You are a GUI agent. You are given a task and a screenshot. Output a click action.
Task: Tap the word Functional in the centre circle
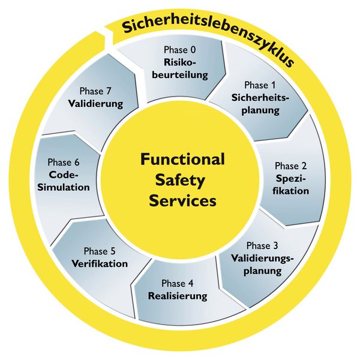coord(182,159)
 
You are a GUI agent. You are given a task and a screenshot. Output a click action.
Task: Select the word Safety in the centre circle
coord(180,181)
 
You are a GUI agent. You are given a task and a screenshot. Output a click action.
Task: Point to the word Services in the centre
coord(183,201)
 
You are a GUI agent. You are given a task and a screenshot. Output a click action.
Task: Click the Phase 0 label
coord(180,50)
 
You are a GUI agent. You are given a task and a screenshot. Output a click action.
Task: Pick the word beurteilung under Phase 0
coord(180,75)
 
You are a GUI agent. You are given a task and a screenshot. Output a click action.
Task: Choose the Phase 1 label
coord(260,85)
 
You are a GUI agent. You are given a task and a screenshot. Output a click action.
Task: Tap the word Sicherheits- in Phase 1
coord(260,98)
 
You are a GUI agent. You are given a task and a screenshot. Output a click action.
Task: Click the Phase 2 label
coord(290,166)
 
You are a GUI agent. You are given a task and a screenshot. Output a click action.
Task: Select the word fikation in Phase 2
coord(290,191)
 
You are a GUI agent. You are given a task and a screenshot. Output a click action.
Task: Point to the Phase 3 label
coord(262,245)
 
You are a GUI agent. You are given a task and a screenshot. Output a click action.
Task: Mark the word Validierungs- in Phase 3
coord(262,258)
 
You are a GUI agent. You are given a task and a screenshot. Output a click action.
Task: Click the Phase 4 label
coord(177,284)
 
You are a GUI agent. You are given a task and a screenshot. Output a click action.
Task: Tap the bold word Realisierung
coord(178,296)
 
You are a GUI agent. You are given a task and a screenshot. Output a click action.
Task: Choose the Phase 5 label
coord(100,251)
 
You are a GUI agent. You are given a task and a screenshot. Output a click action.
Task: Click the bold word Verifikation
coord(100,263)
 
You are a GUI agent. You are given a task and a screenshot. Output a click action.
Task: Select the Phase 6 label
coord(64,163)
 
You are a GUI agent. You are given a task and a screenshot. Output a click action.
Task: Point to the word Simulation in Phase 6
coord(64,187)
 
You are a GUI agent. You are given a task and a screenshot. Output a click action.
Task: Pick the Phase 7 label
coord(95,91)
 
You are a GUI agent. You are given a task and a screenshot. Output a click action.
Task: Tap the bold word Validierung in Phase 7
coord(95,104)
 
